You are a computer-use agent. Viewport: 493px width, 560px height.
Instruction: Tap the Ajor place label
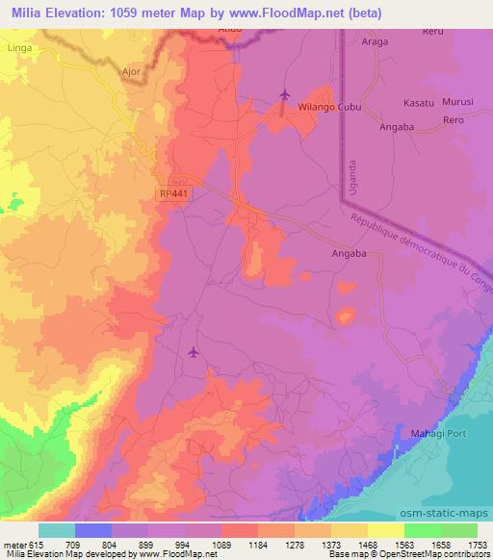tap(133, 71)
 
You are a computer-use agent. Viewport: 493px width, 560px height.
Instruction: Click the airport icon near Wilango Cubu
tap(284, 94)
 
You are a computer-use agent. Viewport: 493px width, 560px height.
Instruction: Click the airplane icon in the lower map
tap(195, 352)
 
